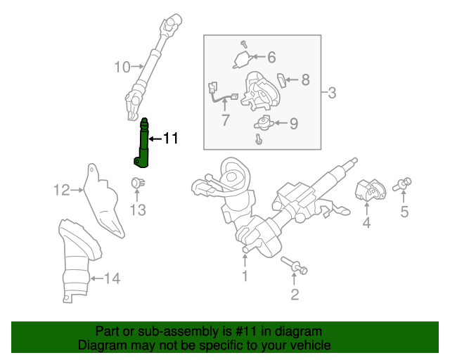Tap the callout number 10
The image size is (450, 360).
[x=122, y=67]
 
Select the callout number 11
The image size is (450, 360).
[x=171, y=139]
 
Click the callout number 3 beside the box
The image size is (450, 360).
[x=332, y=92]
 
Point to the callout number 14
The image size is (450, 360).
[x=112, y=278]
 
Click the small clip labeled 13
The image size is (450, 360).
[x=138, y=184]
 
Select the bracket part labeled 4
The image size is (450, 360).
[x=368, y=191]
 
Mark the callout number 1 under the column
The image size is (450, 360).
[x=245, y=276]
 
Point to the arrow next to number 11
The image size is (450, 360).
[x=154, y=139]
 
